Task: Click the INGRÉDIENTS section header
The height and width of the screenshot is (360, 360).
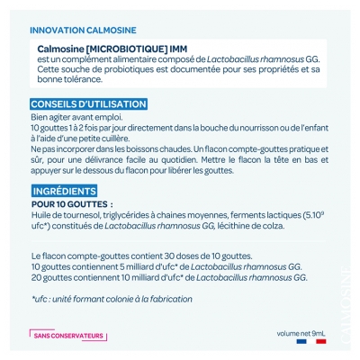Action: (x=65, y=192)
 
